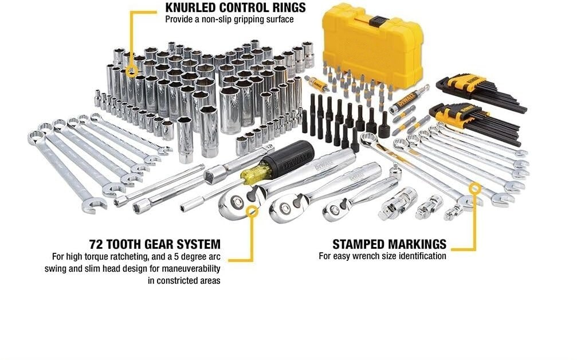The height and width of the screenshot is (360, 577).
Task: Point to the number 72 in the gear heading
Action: (x=96, y=244)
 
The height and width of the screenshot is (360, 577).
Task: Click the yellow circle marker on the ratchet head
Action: (x=252, y=211)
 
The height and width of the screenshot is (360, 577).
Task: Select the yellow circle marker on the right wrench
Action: (x=475, y=189)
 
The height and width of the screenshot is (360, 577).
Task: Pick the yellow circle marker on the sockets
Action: (x=131, y=71)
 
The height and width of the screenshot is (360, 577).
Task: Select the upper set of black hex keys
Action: (x=480, y=92)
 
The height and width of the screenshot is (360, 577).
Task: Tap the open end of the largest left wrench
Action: (x=95, y=205)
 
